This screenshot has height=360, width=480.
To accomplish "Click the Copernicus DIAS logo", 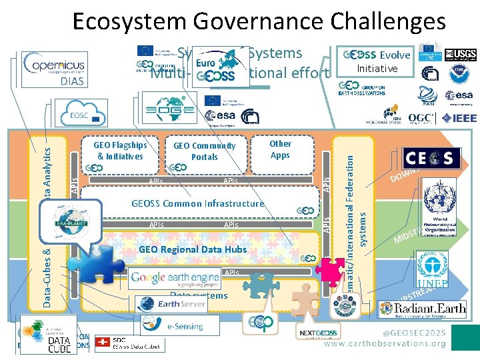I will pyautogui.click(x=54, y=70).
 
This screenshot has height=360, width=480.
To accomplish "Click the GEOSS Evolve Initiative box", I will pyautogui.click(x=377, y=61).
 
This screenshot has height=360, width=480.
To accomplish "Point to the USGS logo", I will pyautogui.click(x=459, y=55).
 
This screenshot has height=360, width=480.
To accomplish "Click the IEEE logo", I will pyautogui.click(x=457, y=119).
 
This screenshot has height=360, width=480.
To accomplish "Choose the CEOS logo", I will pyautogui.click(x=430, y=158).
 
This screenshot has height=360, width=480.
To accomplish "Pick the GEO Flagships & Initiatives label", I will pyautogui.click(x=120, y=151).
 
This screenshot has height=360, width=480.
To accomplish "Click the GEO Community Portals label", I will pyautogui.click(x=204, y=151).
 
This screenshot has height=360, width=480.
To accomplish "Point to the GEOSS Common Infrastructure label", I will pyautogui.click(x=197, y=203).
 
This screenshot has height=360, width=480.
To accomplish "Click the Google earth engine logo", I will pyautogui.click(x=175, y=277).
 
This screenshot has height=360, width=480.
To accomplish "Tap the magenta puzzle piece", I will pyautogui.click(x=329, y=271).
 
